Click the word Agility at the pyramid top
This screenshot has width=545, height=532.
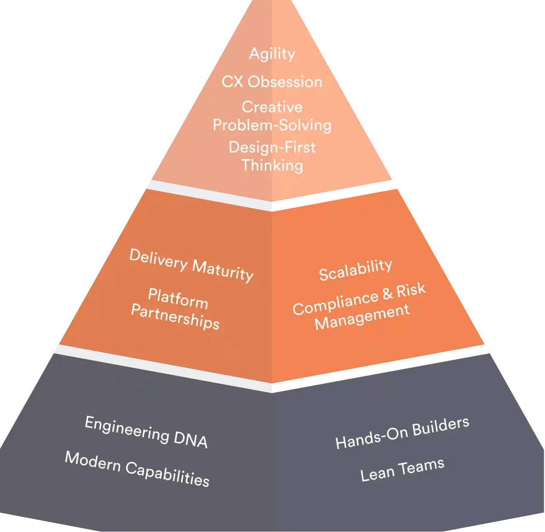(272, 54)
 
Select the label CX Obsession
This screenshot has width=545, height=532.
(272, 82)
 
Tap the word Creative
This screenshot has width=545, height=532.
(272, 107)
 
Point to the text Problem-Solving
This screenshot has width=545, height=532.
(272, 125)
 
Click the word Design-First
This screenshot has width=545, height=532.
(272, 148)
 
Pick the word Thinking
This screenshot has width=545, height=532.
(272, 165)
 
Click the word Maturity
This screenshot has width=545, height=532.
(223, 270)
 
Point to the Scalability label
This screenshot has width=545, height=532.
(355, 270)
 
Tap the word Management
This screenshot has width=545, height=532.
(362, 317)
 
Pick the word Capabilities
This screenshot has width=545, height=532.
(167, 474)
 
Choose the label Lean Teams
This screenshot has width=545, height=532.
(402, 469)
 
